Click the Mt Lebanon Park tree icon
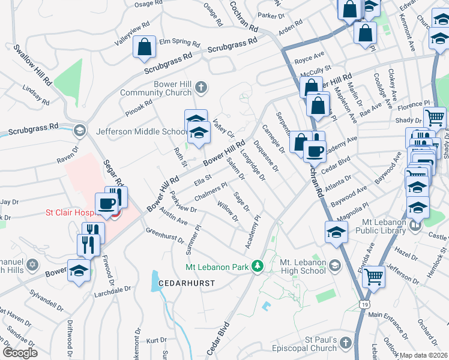pos(258,265)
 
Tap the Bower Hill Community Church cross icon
pos(202,88)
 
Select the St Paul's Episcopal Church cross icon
pos(345,343)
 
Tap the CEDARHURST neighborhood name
pos(186,281)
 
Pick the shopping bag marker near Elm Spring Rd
pos(144,49)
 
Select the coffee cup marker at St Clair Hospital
pos(107,203)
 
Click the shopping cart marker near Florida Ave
pos(373,277)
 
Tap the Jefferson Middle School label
pos(142,132)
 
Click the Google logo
pos(20,353)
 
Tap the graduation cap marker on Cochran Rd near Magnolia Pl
pos(336,232)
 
